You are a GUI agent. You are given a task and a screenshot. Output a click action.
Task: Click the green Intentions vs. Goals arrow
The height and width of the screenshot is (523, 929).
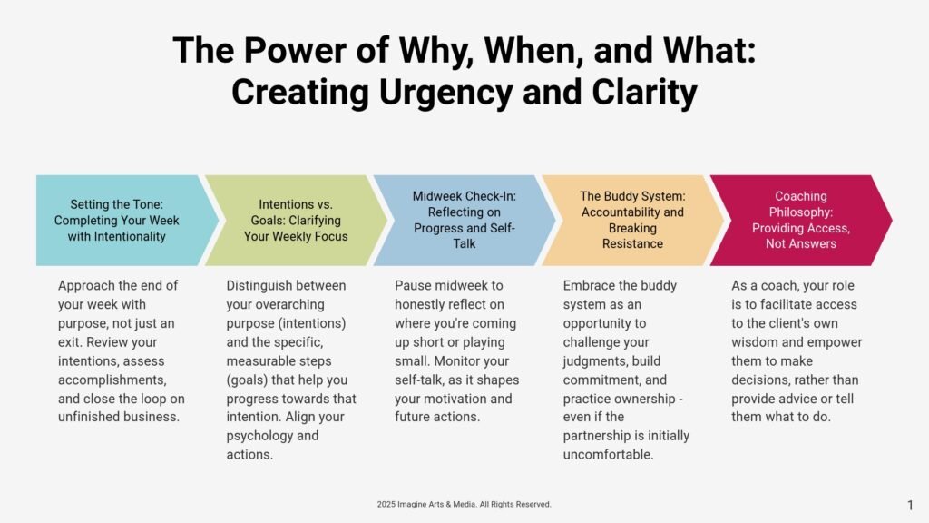coord(296,220)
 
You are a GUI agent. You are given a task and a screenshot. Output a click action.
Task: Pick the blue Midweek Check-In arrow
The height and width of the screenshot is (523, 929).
coord(464,220)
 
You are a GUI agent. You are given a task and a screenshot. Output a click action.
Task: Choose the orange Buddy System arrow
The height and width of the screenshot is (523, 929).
coord(632,220)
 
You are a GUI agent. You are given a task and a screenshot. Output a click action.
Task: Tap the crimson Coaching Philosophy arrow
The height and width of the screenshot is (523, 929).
coord(801,220)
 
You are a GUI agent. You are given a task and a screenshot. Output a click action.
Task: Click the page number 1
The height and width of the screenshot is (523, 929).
coord(910,505)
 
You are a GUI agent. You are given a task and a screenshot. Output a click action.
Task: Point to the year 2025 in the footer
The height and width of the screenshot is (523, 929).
coord(386,504)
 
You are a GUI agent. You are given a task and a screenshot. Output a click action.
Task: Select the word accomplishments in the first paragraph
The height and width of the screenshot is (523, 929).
coord(112,380)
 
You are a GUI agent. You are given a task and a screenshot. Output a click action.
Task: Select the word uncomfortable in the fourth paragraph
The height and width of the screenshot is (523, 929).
coord(608,455)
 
